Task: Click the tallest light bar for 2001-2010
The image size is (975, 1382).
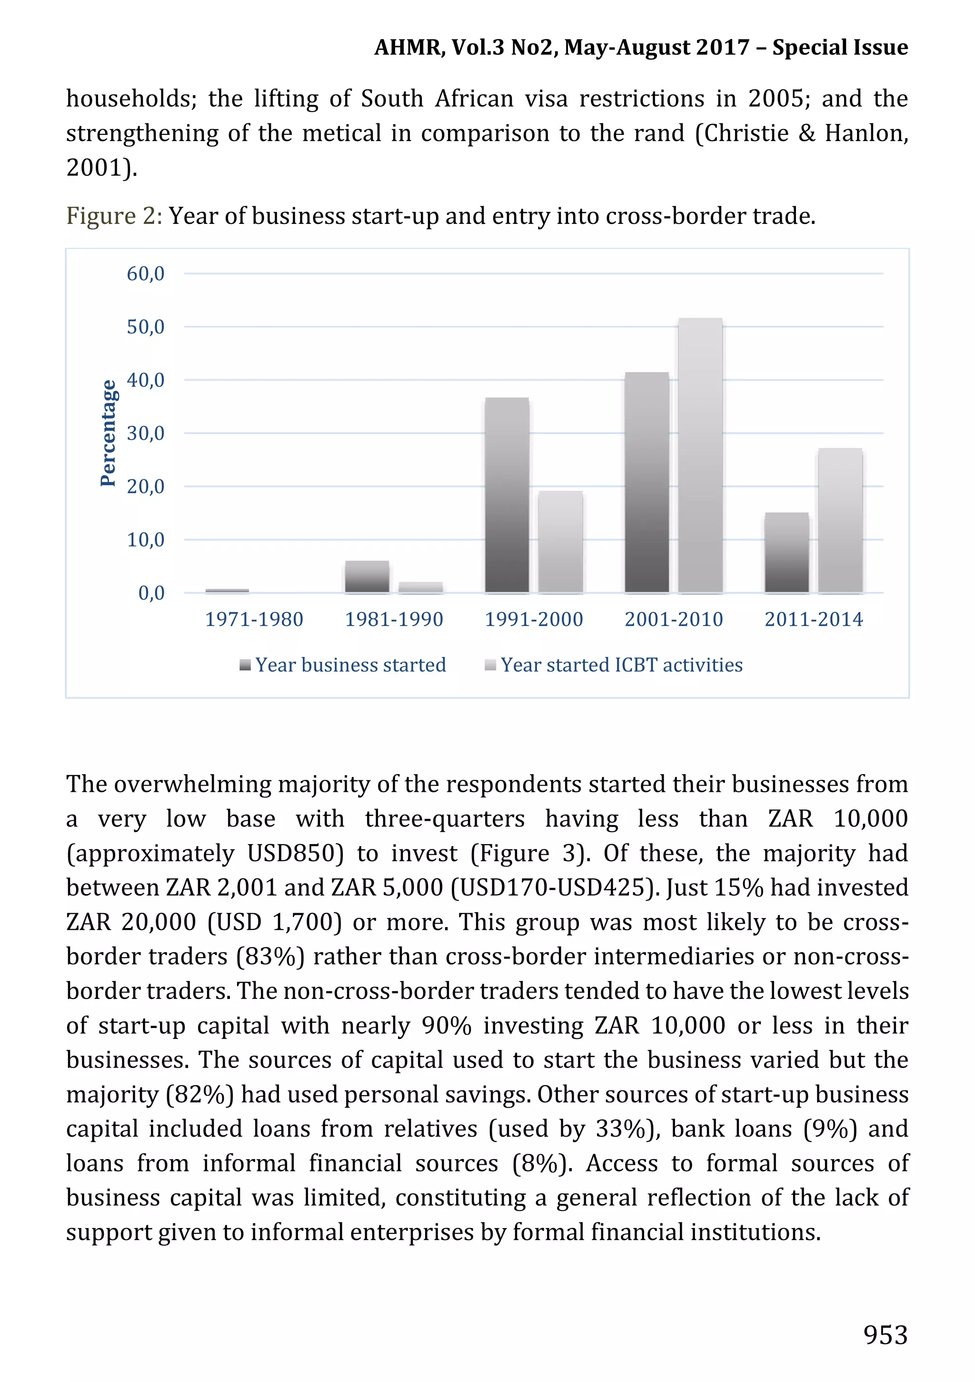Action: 700,455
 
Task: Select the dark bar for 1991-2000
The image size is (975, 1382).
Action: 507,495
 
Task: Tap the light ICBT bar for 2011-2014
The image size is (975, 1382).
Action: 840,521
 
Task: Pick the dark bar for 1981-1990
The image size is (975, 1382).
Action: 367,576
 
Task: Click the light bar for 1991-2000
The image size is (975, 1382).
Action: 560,542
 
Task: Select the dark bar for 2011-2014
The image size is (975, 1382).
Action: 787,553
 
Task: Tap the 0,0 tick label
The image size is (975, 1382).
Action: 151,593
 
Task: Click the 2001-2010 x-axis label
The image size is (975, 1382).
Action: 674,619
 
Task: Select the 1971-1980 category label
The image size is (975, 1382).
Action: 254,619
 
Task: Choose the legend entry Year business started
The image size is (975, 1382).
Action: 350,665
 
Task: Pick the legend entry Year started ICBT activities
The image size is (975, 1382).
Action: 621,665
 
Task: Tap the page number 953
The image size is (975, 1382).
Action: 885,1335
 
